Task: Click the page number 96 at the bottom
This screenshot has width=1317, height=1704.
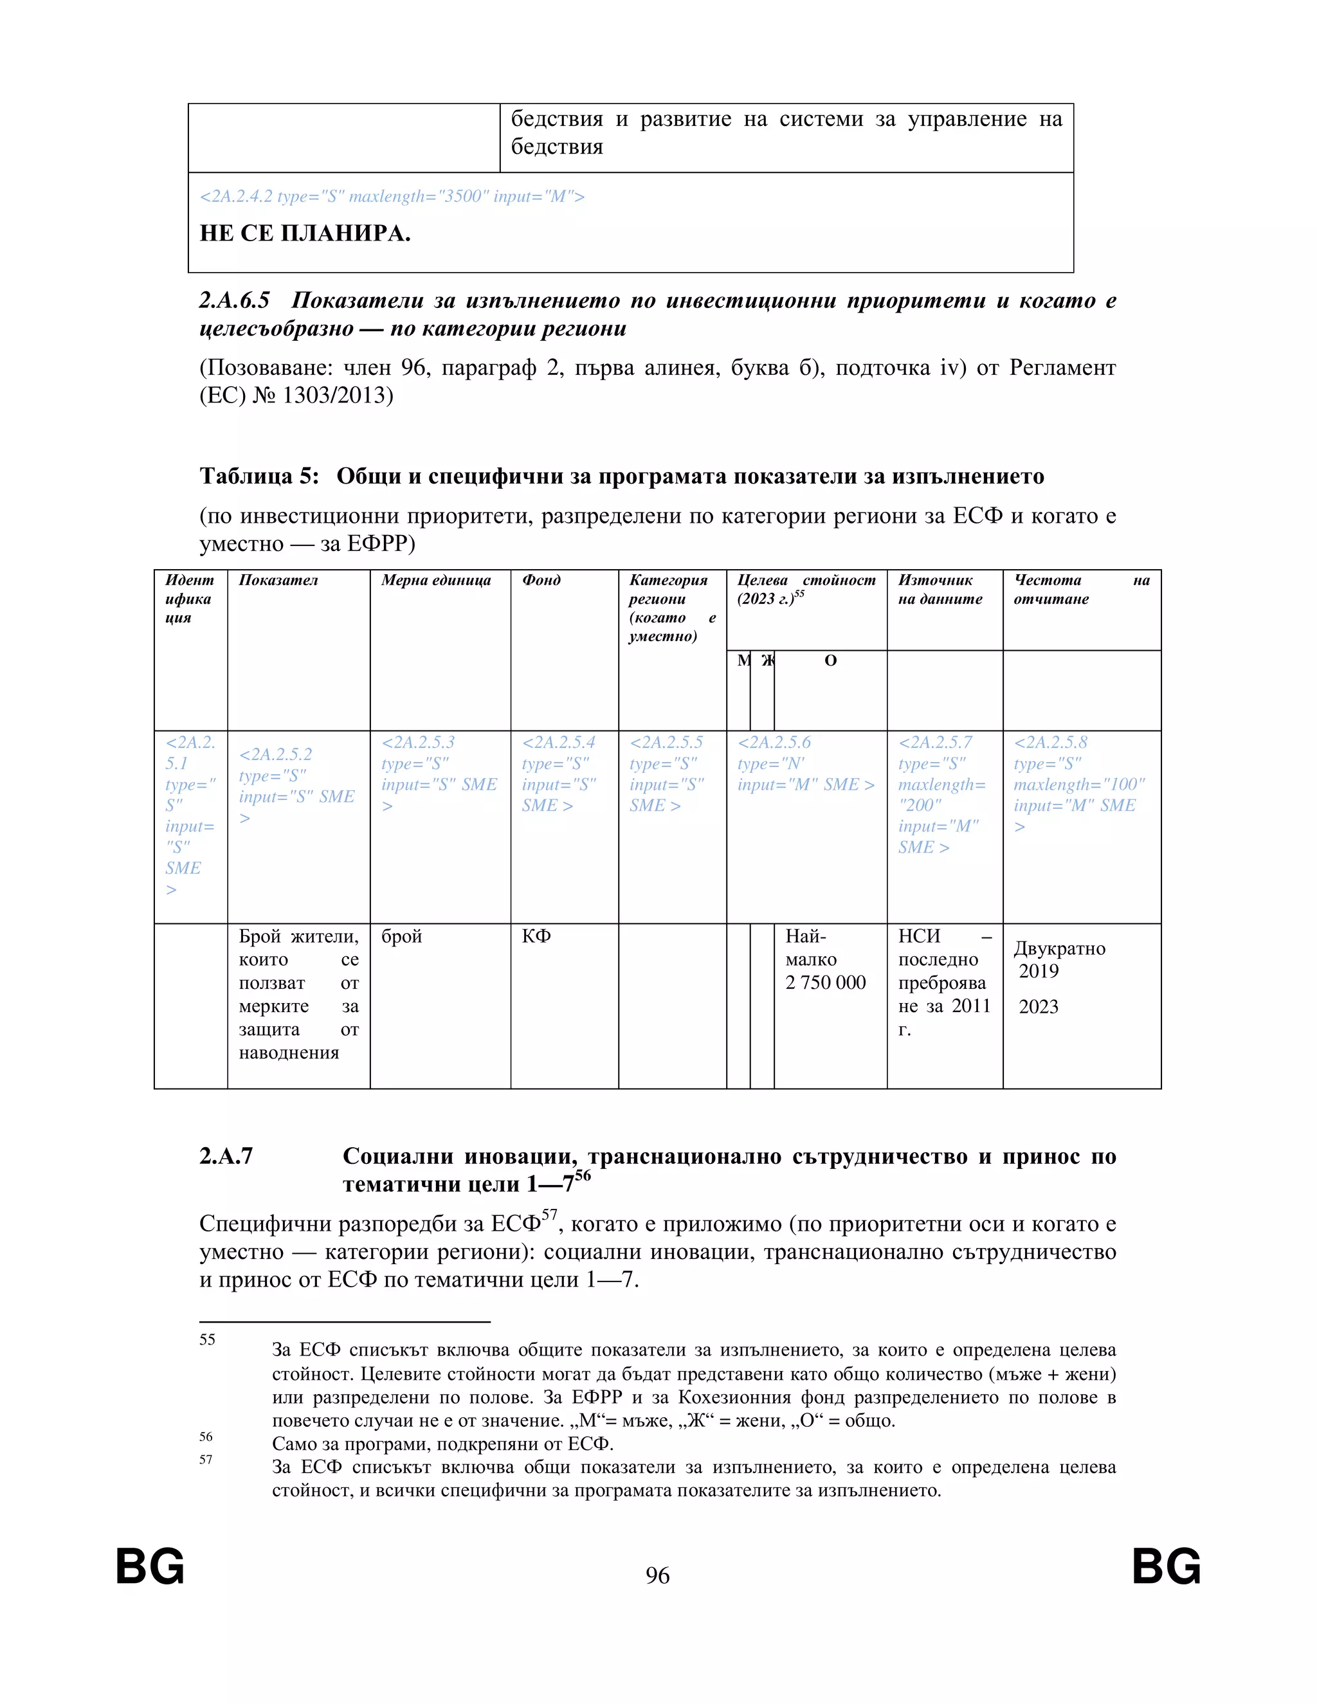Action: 657,1576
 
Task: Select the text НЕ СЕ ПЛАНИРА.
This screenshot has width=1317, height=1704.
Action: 305,233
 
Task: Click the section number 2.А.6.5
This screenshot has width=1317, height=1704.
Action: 234,300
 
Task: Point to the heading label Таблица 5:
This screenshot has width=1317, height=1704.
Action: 259,476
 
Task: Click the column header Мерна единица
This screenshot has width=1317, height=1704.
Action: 436,580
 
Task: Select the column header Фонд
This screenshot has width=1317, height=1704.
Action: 541,580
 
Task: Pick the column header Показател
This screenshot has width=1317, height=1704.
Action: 278,580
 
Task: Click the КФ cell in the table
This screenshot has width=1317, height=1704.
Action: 537,936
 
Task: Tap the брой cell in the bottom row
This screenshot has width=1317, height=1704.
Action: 401,936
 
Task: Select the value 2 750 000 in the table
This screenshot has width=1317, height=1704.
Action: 826,983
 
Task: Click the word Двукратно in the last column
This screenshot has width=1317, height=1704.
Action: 1060,948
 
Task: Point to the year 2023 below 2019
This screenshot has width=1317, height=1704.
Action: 1039,1006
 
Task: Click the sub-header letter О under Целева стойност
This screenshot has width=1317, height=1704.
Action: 830,661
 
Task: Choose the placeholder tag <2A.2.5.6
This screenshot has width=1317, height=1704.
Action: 774,743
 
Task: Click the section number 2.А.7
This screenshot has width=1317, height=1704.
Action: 226,1156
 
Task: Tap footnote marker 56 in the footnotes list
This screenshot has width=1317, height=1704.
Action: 206,1437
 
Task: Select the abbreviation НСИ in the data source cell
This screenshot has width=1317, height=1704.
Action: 919,936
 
